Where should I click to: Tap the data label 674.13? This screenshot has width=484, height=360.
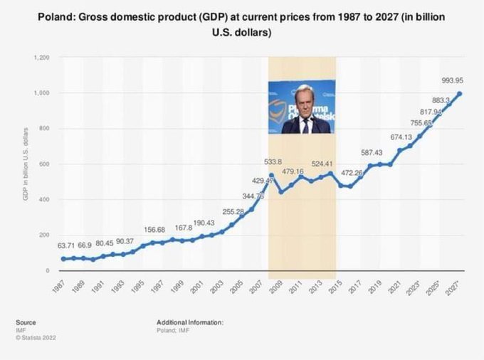click(x=400, y=137)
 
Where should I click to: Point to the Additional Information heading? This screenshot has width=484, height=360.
click(x=190, y=322)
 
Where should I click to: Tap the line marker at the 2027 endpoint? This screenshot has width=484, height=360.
click(x=458, y=93)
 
